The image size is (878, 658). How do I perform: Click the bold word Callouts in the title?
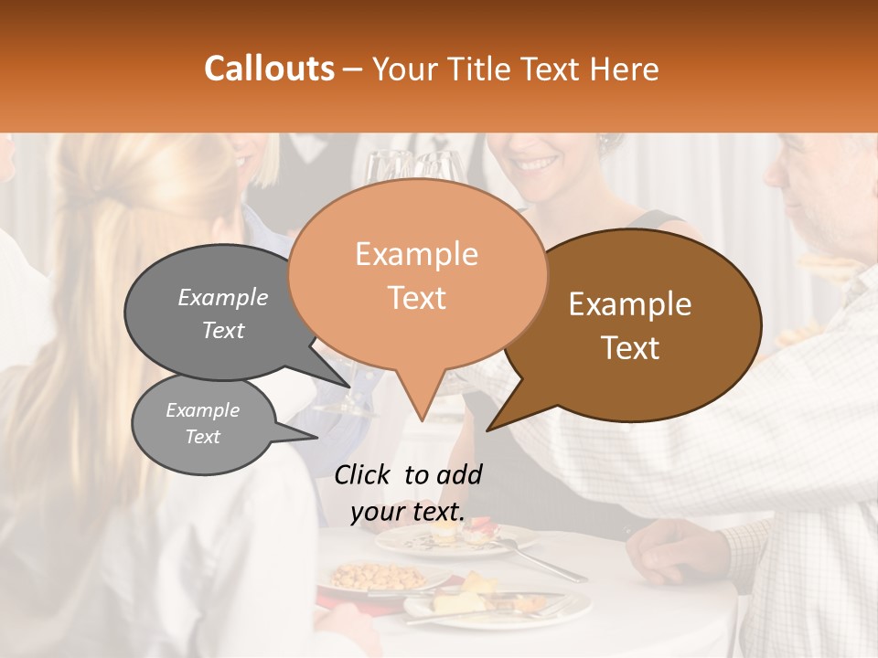click(269, 69)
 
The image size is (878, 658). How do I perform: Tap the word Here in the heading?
click(625, 69)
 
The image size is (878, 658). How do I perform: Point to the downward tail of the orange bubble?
click(421, 402)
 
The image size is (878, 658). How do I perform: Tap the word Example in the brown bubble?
click(630, 304)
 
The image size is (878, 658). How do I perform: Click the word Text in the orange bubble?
click(417, 297)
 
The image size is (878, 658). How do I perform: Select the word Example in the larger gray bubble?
click(223, 297)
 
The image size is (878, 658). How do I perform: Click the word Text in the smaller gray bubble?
click(203, 437)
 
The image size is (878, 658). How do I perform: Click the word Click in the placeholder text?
click(363, 474)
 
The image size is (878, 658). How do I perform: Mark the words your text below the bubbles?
click(408, 513)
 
